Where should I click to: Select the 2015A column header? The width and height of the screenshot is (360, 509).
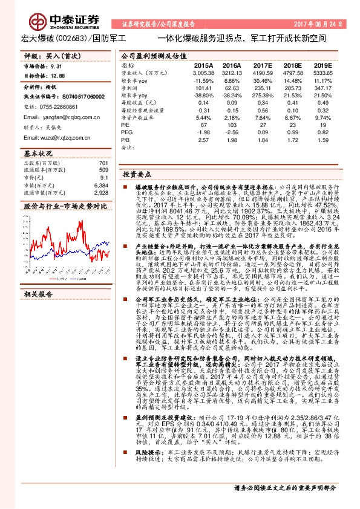click(x=203, y=64)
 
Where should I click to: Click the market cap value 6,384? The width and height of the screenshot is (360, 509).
click(x=101, y=186)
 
